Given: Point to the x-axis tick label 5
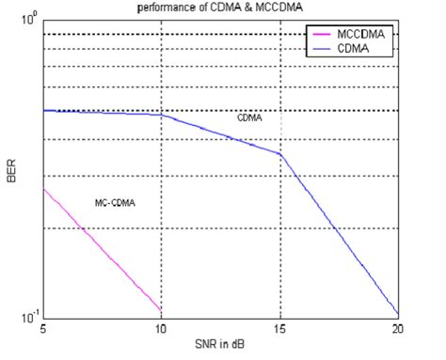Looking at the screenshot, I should pos(43,329).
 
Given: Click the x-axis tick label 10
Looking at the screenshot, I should pos(161,329).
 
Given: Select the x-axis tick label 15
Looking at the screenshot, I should pos(279,329).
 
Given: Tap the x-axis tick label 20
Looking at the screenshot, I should pos(397,329).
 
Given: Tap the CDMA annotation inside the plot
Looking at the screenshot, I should pos(249,119).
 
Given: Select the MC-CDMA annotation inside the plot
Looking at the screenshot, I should pos(115,203).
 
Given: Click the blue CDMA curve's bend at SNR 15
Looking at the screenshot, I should pos(279,154).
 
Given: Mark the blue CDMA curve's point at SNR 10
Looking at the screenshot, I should pos(161,116).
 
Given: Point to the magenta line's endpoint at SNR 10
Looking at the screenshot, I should pos(161,309).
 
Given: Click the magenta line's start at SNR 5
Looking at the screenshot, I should pos(43,189).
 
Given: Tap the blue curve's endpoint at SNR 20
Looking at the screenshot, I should pos(398,314).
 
